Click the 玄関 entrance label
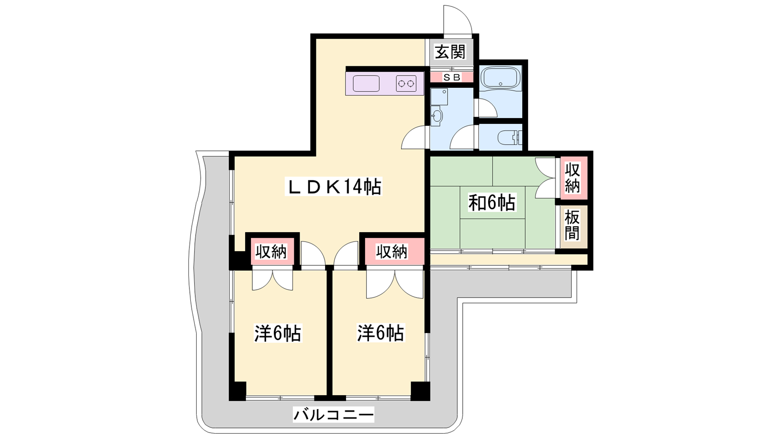450,52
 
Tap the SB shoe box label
452,78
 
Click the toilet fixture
510,138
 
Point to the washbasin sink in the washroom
436,116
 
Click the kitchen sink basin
366,83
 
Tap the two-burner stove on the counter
406,83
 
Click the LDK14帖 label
333,186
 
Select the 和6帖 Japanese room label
492,202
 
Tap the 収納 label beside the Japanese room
572,178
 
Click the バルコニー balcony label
333,415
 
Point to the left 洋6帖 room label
278,334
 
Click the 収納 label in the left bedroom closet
271,252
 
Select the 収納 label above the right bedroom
391,252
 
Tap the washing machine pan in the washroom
439,97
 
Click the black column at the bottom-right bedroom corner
420,391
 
